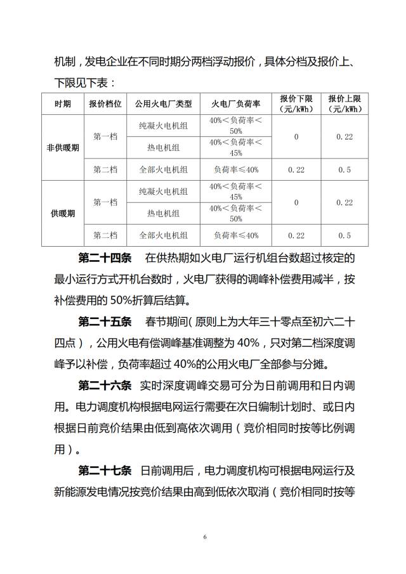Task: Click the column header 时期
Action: click(x=62, y=103)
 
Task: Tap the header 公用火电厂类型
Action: click(x=163, y=103)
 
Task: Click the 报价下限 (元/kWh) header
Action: click(x=296, y=103)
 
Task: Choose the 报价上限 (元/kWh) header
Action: click(x=344, y=103)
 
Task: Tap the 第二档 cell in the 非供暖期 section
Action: click(x=105, y=169)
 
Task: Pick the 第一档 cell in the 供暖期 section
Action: click(x=105, y=202)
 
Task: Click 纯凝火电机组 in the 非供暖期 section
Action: click(x=163, y=126)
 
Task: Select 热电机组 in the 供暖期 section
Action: click(x=163, y=213)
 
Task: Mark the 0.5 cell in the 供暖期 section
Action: click(x=344, y=235)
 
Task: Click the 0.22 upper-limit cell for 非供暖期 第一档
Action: click(x=344, y=136)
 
